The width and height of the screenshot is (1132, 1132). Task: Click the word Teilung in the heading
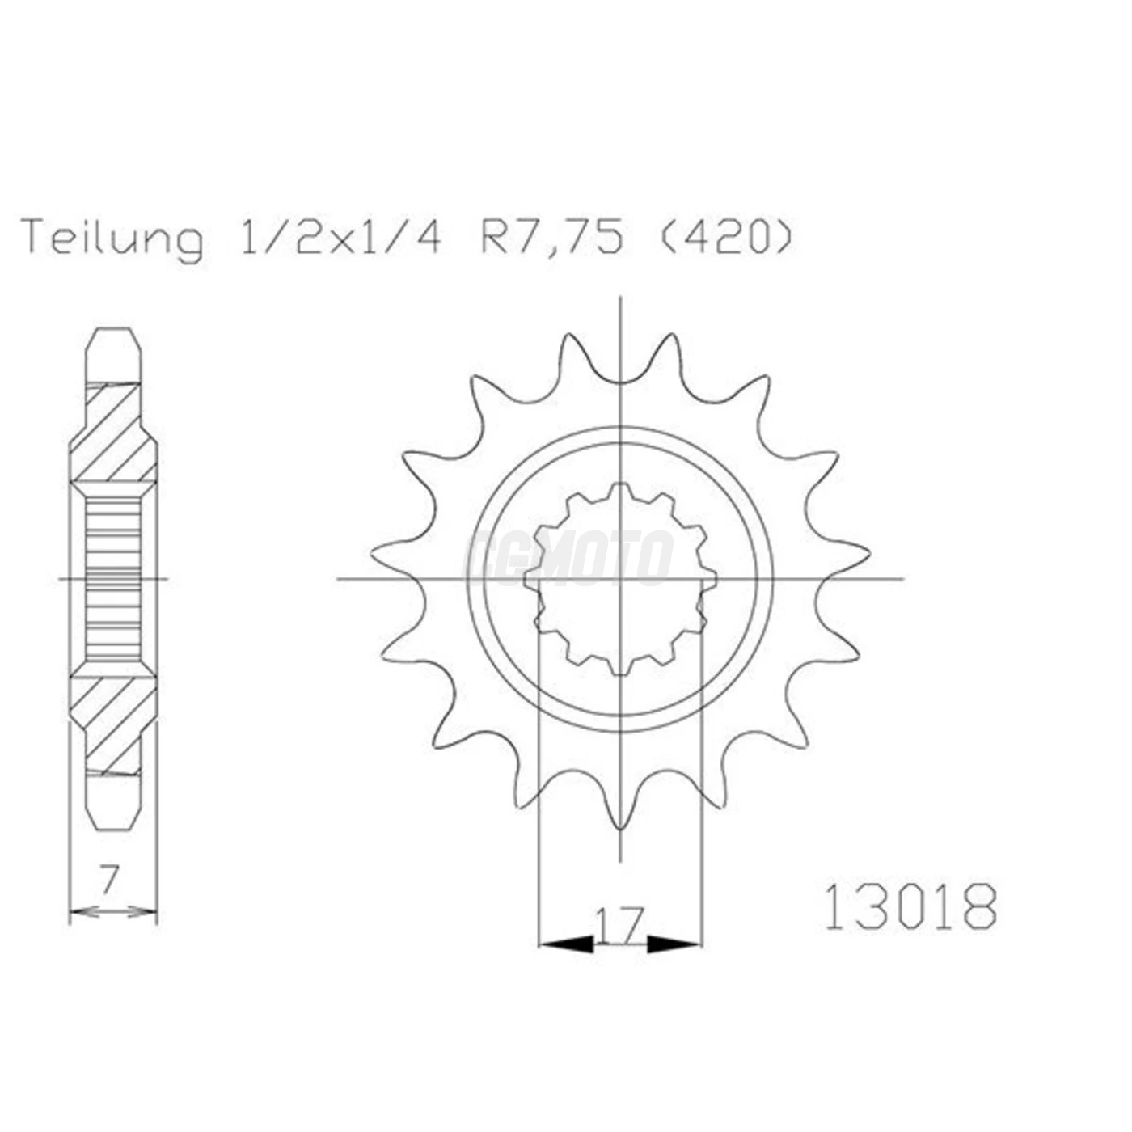pos(113,238)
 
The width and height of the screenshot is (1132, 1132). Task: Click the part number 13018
pos(910,906)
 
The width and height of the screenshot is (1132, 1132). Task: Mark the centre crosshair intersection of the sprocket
pos(620,579)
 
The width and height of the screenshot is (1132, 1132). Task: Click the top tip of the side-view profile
pos(113,330)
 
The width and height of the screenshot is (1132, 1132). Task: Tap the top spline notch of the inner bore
pos(620,490)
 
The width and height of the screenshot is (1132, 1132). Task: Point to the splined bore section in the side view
pos(113,578)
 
